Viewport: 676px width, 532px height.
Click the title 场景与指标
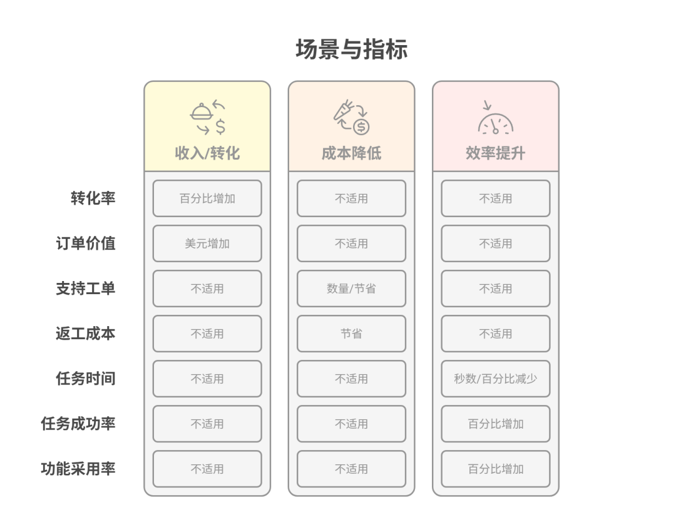351,49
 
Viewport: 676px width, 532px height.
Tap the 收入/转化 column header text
207,153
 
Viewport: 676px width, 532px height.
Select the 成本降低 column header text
351,153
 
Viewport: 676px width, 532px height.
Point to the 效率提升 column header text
495,153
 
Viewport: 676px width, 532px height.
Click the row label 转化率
93,198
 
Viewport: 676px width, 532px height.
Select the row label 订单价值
86,243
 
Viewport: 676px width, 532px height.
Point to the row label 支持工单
86,289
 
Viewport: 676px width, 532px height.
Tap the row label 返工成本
86,334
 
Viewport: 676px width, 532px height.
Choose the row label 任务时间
86,379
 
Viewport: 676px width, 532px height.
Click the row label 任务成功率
78,424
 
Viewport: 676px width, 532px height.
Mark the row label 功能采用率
78,469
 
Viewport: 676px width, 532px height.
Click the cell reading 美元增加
207,243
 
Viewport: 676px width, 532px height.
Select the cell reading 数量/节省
351,289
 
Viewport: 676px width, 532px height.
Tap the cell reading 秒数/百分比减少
495,379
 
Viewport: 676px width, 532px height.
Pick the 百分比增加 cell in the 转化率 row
207,198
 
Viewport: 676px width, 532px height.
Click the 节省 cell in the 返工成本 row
351,334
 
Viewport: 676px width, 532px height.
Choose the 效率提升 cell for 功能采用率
495,469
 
